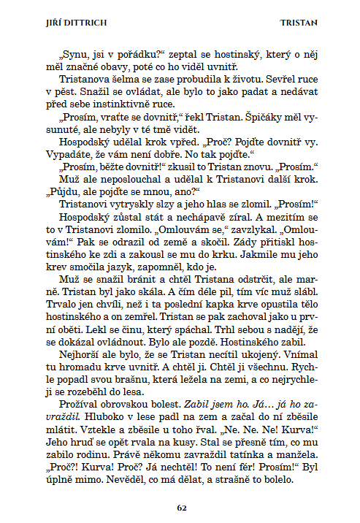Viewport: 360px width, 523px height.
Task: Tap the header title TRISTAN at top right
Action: click(x=299, y=23)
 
